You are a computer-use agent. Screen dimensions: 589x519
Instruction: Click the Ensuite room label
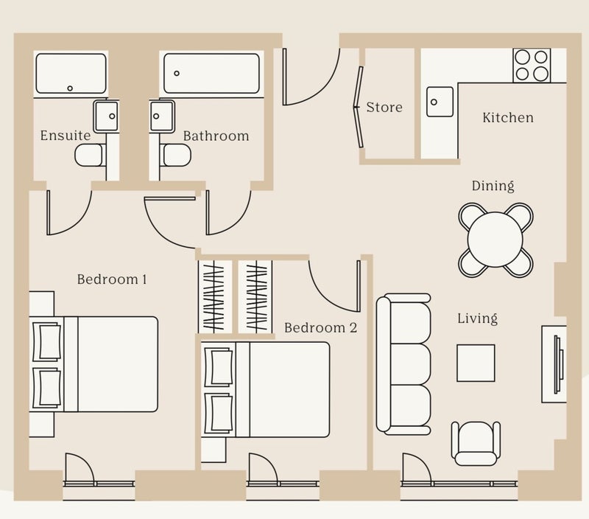(66, 136)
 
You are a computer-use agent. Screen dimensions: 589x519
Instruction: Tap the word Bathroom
(216, 136)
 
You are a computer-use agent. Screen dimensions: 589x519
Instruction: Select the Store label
(384, 107)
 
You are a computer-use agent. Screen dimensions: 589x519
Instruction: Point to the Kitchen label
(508, 117)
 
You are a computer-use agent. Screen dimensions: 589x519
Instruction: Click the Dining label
(493, 186)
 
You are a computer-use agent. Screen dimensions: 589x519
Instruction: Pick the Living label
(477, 318)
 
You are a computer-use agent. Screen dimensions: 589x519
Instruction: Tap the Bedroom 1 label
(112, 279)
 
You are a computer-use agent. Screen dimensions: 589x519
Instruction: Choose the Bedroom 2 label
(320, 327)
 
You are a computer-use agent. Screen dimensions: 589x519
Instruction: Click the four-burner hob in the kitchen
(532, 65)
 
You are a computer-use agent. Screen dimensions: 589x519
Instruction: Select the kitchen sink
(440, 102)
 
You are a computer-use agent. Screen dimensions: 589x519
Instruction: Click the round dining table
(495, 239)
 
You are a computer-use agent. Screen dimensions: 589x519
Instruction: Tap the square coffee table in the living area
(476, 363)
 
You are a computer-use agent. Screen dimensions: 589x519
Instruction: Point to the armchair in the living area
(476, 443)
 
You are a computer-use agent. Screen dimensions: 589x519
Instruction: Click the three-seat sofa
(403, 364)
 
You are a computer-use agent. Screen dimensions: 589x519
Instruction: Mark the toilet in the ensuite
(89, 155)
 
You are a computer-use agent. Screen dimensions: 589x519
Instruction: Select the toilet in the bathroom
(176, 155)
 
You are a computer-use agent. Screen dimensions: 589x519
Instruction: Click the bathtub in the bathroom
(211, 73)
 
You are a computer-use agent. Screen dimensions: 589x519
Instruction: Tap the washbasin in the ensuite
(106, 116)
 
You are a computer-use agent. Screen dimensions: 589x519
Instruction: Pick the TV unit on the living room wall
(554, 364)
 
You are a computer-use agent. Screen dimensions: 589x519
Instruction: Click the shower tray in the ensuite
(71, 74)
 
